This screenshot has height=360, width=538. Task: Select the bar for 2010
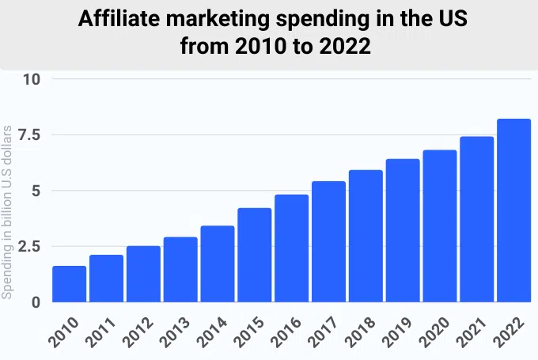(70, 284)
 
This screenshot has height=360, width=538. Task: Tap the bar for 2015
(255, 255)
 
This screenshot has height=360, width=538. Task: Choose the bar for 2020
(440, 225)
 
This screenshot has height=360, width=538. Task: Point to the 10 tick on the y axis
(32, 79)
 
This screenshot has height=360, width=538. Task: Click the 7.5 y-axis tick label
(28, 135)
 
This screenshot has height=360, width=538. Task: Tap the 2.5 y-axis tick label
(28, 247)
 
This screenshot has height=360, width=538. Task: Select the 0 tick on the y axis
(35, 302)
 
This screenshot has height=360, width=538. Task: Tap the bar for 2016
(291, 248)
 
